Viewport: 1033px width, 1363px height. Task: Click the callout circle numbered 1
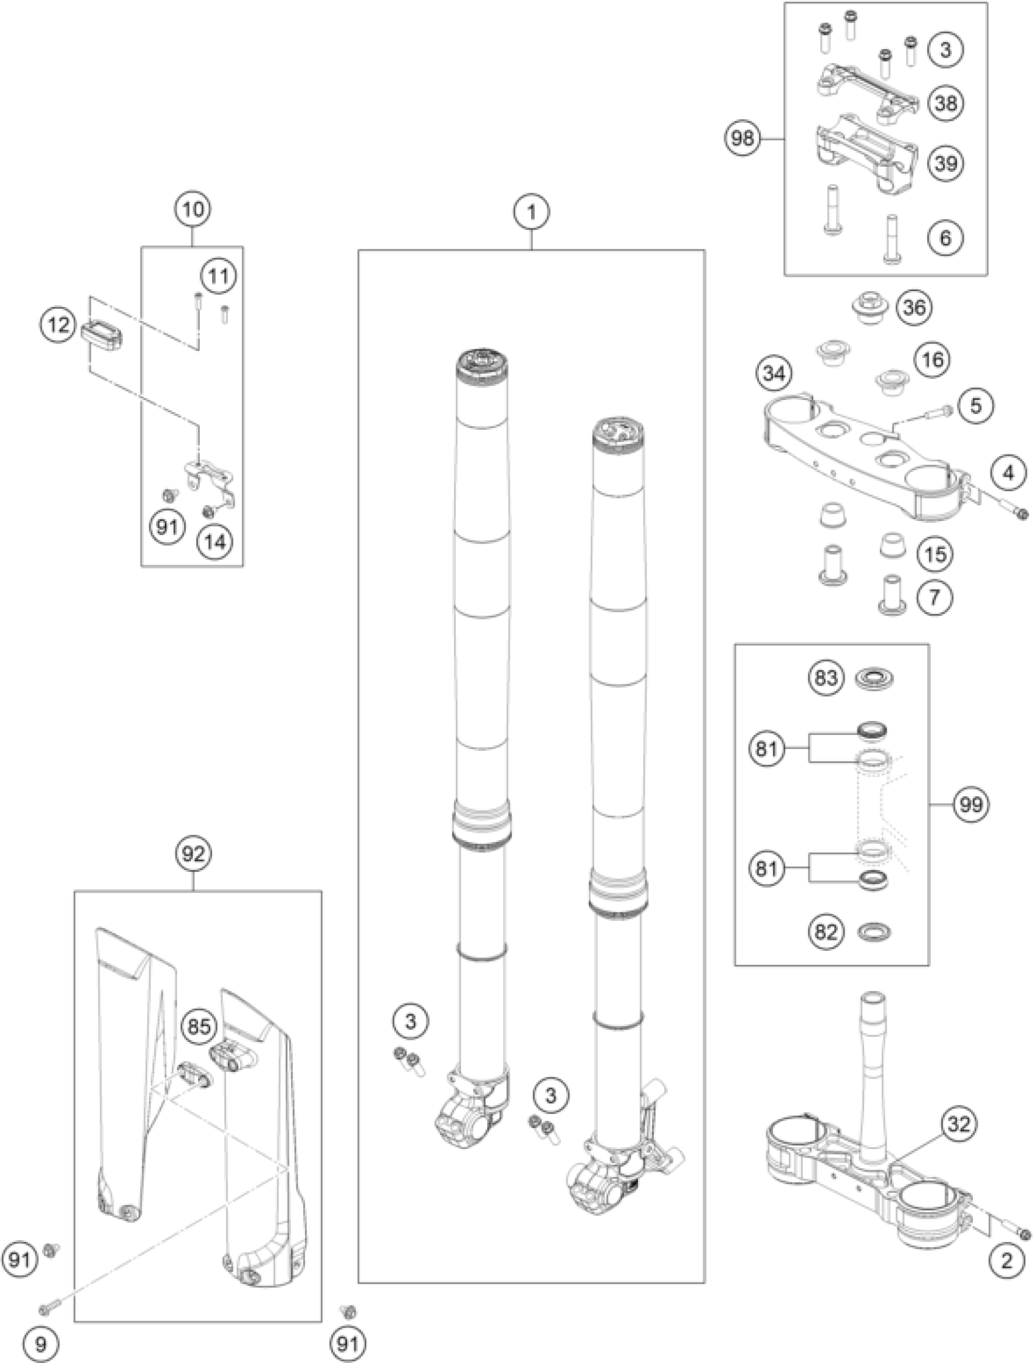531,213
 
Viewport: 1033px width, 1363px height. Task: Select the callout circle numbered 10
192,210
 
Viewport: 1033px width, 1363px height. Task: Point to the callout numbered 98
743,139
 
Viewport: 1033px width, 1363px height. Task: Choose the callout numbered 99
971,804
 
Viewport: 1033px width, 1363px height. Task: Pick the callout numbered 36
914,307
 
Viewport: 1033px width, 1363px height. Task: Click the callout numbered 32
958,1125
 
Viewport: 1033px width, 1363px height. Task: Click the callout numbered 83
826,678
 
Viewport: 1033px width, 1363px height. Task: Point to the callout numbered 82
826,933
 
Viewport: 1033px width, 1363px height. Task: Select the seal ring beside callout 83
874,679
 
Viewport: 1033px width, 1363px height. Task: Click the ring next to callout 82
874,933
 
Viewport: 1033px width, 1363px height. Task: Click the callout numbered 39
945,164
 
